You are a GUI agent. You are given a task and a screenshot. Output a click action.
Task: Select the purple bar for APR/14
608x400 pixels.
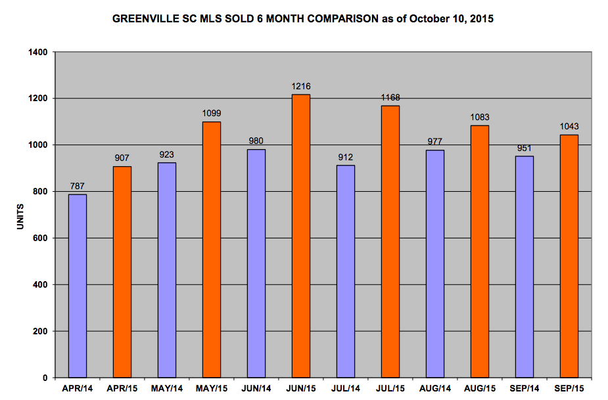tap(78, 286)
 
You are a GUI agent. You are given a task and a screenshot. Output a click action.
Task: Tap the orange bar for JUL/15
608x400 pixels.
tap(390, 242)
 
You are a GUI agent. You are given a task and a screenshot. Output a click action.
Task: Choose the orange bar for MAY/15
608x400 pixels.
tap(212, 250)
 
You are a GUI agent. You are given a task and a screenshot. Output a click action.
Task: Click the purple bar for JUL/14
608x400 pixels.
tap(346, 271)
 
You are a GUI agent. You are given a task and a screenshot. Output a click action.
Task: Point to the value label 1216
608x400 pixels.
tap(301, 86)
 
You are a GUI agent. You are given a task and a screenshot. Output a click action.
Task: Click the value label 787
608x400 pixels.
tap(78, 186)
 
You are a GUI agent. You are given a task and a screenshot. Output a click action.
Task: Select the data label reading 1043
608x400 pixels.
tap(569, 126)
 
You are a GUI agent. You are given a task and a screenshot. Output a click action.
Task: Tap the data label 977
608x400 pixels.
tap(435, 142)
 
